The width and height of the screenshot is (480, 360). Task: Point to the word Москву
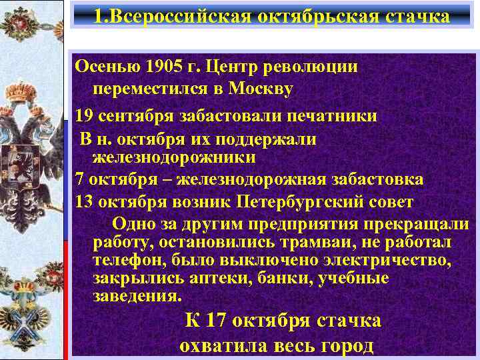click(x=260, y=88)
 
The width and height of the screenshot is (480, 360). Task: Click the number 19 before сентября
click(x=84, y=115)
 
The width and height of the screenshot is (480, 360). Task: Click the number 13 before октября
click(x=84, y=201)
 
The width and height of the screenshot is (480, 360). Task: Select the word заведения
click(x=136, y=295)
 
